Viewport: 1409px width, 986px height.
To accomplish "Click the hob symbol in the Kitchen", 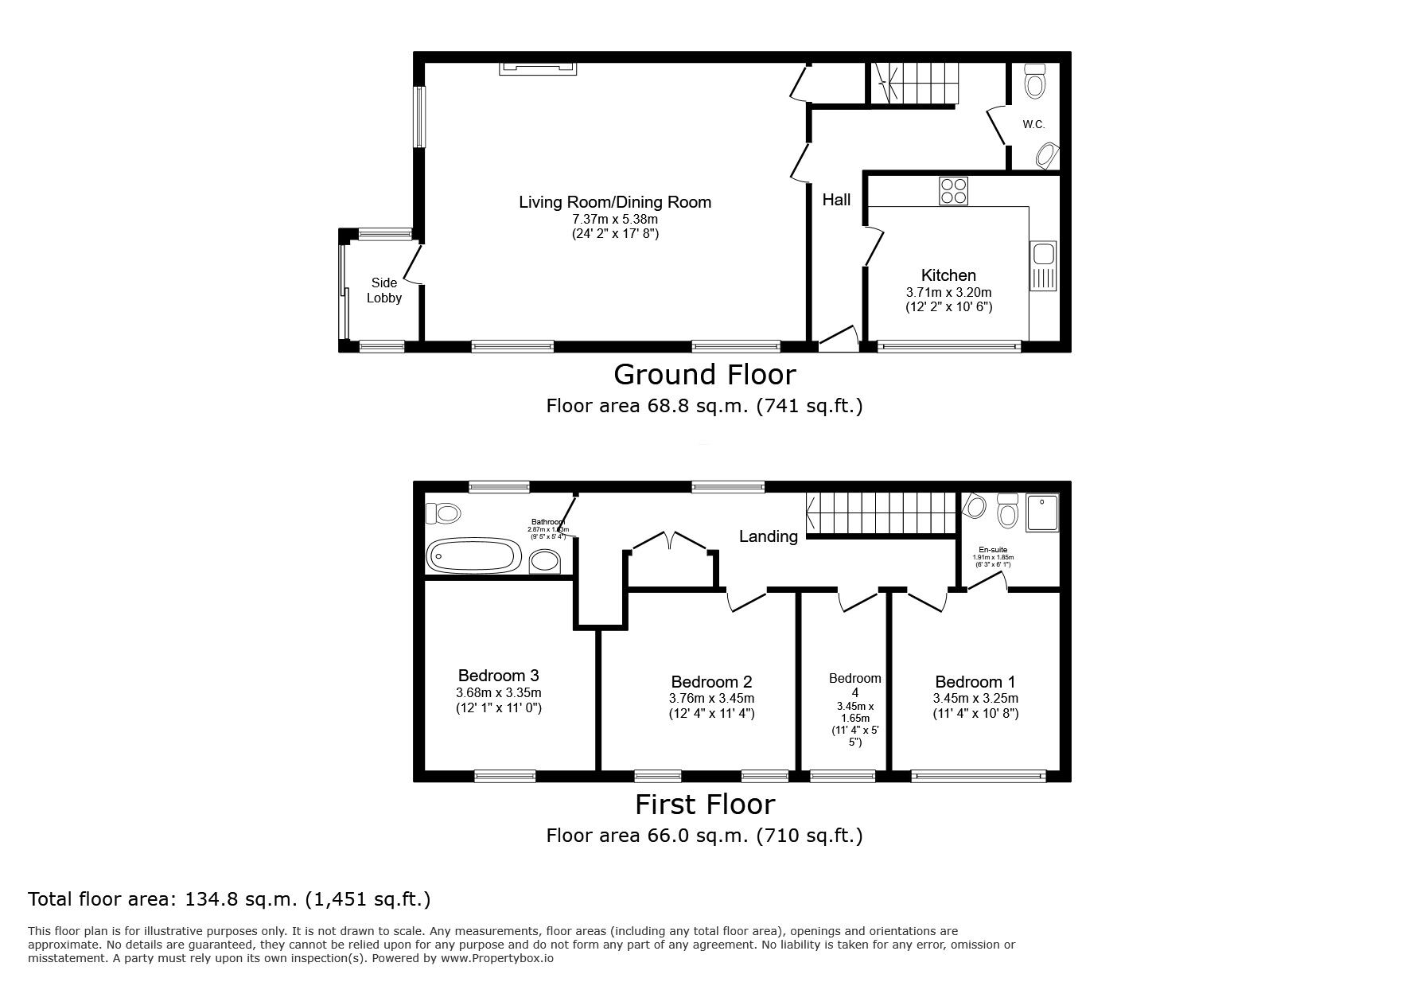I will tap(953, 191).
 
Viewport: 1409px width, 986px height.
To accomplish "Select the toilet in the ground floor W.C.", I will tap(1034, 81).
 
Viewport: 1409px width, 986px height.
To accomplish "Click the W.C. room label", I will tap(1033, 125).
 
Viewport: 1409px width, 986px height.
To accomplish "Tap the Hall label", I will tap(836, 200).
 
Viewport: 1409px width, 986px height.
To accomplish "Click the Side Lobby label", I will tap(384, 290).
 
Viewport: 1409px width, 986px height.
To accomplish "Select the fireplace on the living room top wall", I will tap(538, 70).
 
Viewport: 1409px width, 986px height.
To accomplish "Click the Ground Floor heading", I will tap(704, 374).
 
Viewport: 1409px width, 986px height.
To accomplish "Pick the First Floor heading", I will tap(704, 805).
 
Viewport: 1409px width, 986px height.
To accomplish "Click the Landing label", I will tap(768, 536).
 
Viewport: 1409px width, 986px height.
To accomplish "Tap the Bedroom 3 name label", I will tap(498, 676).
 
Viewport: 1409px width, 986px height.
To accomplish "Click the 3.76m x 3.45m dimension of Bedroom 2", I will tap(711, 698).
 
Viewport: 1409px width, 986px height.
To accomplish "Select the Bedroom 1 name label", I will tap(975, 682).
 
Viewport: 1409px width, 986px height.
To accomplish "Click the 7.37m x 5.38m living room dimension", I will tap(615, 219).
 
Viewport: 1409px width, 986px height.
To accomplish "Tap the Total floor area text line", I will tap(229, 899).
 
